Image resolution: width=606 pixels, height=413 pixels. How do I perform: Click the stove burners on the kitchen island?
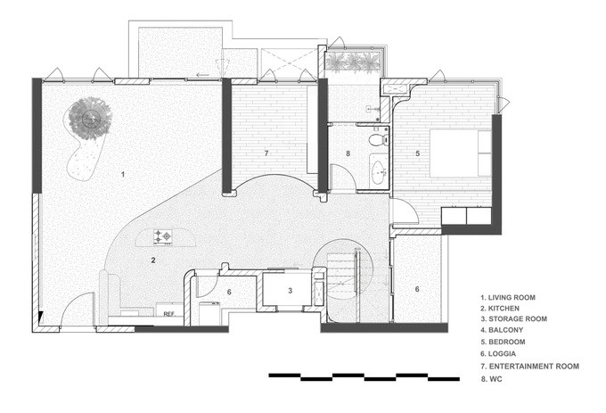[x=164, y=236]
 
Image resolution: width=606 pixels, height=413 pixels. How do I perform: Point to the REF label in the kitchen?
[x=168, y=314]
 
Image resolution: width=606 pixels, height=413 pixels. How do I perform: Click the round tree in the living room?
[x=90, y=118]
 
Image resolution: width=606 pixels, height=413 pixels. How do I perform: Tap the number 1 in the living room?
[x=123, y=173]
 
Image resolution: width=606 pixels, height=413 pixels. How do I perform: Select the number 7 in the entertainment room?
[x=266, y=154]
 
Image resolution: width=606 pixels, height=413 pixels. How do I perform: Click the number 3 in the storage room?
[x=290, y=292]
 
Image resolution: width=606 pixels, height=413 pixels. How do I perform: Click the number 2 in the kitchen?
[x=153, y=260]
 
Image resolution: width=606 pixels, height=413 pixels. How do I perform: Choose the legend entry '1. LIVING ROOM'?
[x=515, y=296]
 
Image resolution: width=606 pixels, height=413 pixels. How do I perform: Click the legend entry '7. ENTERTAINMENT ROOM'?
[x=530, y=366]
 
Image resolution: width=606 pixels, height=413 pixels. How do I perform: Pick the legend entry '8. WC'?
[x=494, y=378]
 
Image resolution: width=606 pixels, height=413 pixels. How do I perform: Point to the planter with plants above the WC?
[x=355, y=63]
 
